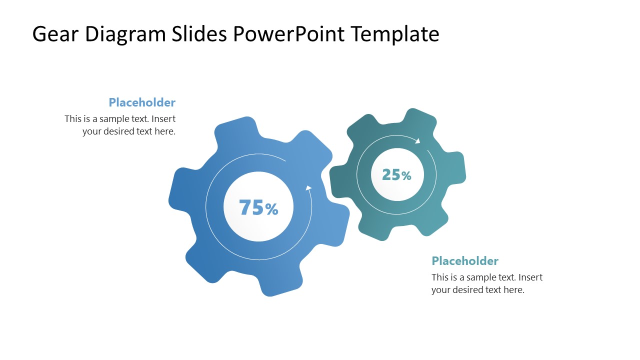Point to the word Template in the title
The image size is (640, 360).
click(x=394, y=34)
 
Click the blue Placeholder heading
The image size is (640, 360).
click(x=142, y=102)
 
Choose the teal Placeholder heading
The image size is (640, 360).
click(x=465, y=261)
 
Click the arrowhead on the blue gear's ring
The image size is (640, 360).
click(x=308, y=188)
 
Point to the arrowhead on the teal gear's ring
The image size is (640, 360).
click(x=417, y=140)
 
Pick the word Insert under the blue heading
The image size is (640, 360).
click(x=163, y=119)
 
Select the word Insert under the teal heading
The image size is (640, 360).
click(x=530, y=277)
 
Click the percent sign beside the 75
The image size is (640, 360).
click(x=272, y=209)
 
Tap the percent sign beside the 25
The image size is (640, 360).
click(x=406, y=176)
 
